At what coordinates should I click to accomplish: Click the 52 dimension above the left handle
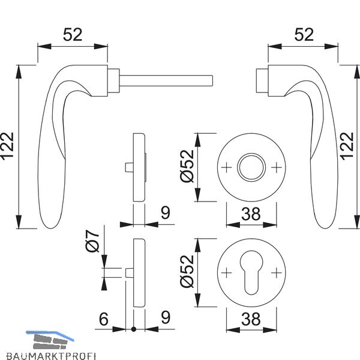pyautogui.click(x=73, y=35)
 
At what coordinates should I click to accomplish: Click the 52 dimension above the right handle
pyautogui.click(x=304, y=35)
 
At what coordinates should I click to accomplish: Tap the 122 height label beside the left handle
pyautogui.click(x=7, y=146)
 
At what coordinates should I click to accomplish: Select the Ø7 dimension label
pyautogui.click(x=92, y=241)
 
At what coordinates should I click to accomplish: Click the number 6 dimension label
pyautogui.click(x=104, y=319)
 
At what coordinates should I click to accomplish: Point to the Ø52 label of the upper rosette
pyautogui.click(x=187, y=166)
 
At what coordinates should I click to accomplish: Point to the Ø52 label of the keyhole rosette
pyautogui.click(x=187, y=271)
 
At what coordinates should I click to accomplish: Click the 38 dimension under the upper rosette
pyautogui.click(x=251, y=214)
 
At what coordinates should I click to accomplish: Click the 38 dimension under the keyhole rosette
pyautogui.click(x=251, y=319)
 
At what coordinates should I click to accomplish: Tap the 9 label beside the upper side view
pyautogui.click(x=166, y=213)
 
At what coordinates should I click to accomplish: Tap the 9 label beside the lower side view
pyautogui.click(x=166, y=318)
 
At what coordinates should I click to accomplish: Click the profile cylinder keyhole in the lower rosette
pyautogui.click(x=251, y=272)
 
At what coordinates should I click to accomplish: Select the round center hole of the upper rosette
pyautogui.click(x=251, y=167)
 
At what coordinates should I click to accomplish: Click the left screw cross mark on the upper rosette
pyautogui.click(x=226, y=167)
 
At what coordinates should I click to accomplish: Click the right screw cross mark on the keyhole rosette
pyautogui.click(x=277, y=273)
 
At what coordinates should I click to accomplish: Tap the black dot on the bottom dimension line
pyautogui.click(x=134, y=329)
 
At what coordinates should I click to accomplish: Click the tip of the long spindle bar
pyautogui.click(x=212, y=80)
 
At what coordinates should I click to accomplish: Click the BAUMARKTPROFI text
pyautogui.click(x=51, y=356)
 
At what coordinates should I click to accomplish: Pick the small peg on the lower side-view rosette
pyautogui.click(x=129, y=273)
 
